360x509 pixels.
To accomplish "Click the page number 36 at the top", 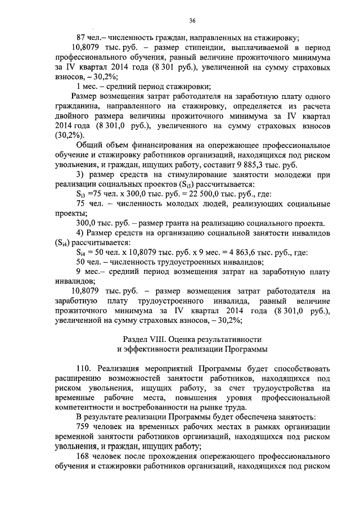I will click(x=192, y=21).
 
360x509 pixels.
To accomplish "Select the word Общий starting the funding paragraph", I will click(x=90, y=145).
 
